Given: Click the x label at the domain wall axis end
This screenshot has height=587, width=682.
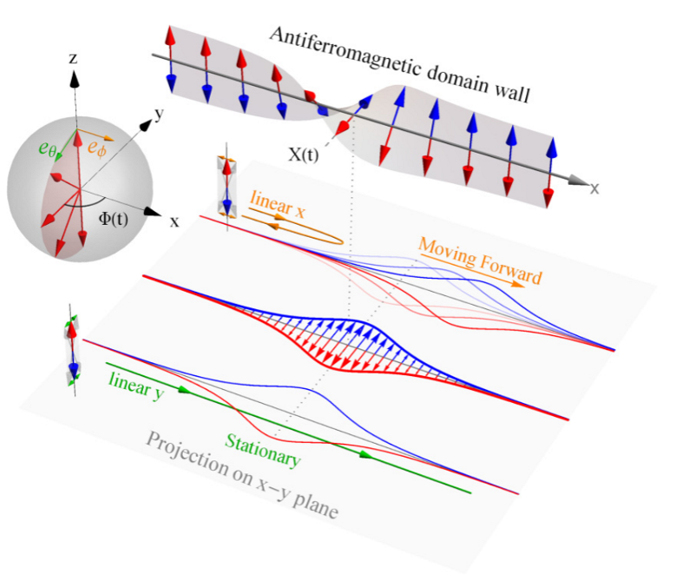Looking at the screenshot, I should pos(594,188).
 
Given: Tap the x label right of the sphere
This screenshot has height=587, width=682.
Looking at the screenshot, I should pos(174,221).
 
